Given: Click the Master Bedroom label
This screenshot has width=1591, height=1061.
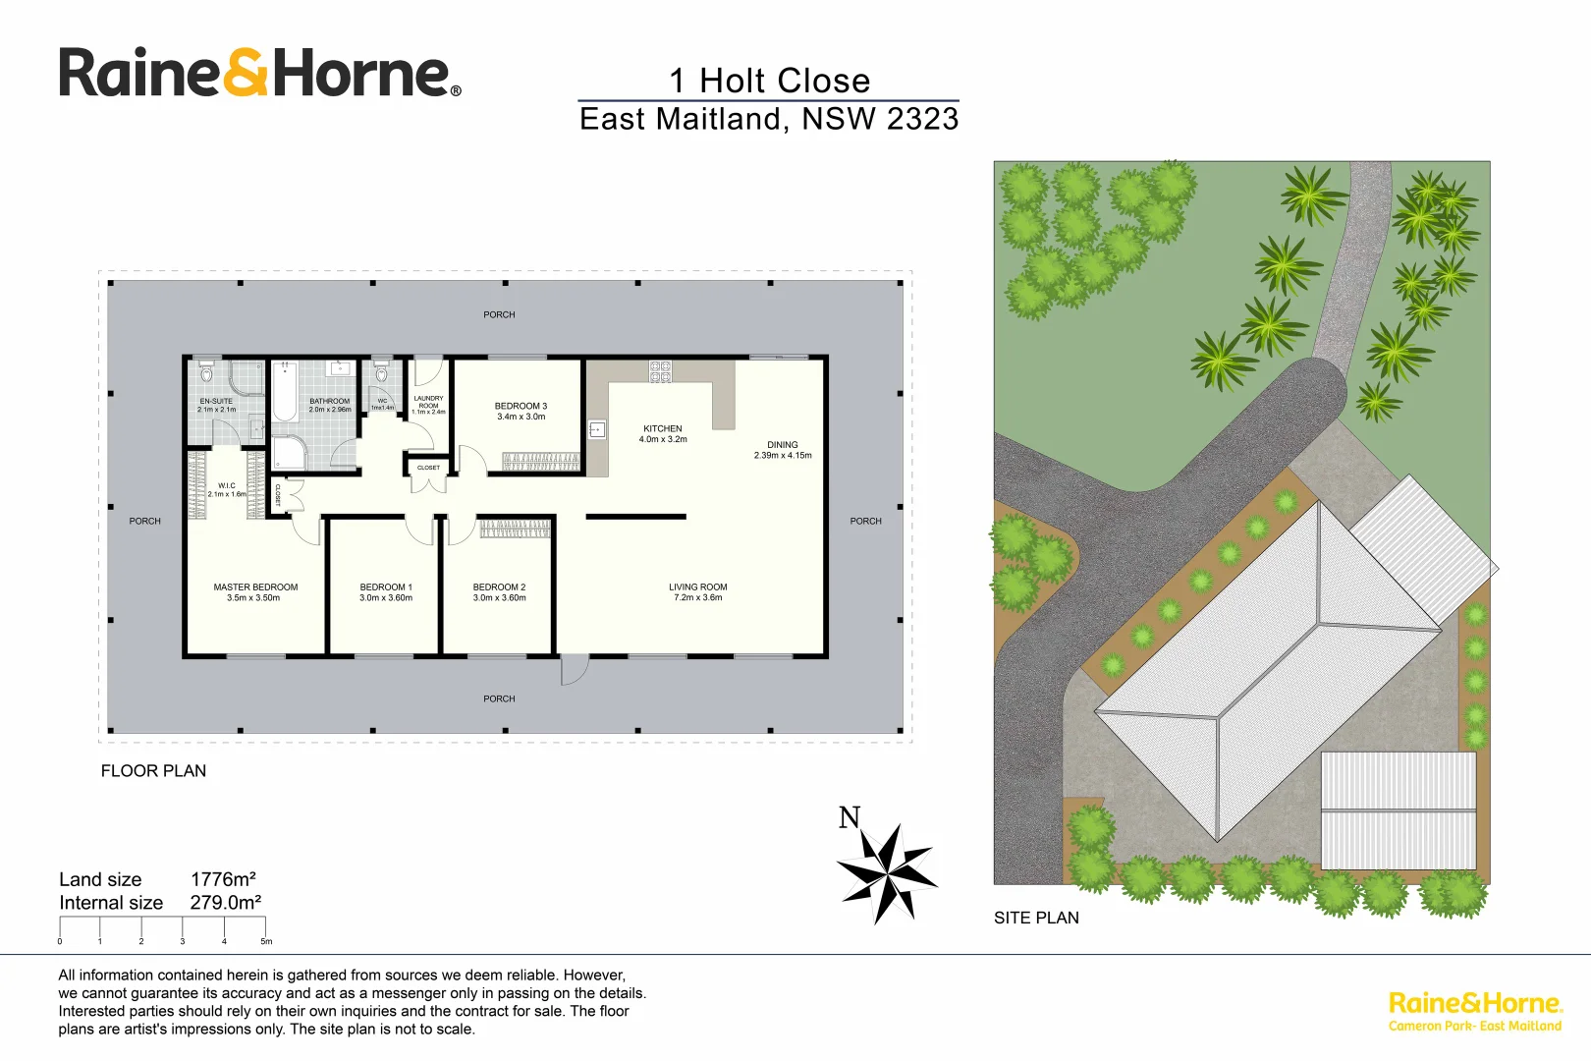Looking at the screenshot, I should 255,587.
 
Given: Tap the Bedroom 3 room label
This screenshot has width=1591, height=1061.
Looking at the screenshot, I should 521,406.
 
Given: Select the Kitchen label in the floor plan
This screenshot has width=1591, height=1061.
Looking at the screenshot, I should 663,428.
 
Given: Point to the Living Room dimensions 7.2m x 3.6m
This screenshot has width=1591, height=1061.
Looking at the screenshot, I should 698,598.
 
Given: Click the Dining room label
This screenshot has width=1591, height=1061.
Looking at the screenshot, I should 783,445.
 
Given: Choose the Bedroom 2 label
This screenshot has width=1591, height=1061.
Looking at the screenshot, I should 499,587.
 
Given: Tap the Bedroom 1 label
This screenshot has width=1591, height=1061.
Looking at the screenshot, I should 386,587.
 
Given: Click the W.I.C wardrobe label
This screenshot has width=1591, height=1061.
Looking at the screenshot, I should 227,486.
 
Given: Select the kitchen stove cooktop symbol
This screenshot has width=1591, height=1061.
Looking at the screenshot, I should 660,371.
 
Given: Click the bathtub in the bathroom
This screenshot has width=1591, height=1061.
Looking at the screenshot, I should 285,392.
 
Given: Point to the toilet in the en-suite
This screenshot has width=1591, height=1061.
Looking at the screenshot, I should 206,373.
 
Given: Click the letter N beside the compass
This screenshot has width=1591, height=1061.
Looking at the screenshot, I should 850,817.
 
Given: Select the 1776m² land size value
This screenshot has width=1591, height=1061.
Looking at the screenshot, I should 223,879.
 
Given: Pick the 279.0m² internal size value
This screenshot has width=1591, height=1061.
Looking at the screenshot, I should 225,903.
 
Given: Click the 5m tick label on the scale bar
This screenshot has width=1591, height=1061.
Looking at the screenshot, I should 266,941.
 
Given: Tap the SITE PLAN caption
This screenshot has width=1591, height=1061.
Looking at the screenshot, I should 1036,918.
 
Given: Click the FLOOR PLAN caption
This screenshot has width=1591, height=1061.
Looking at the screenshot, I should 153,771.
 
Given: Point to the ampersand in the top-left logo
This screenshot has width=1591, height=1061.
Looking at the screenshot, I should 246,74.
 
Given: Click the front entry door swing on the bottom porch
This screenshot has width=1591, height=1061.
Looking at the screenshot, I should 574,670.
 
